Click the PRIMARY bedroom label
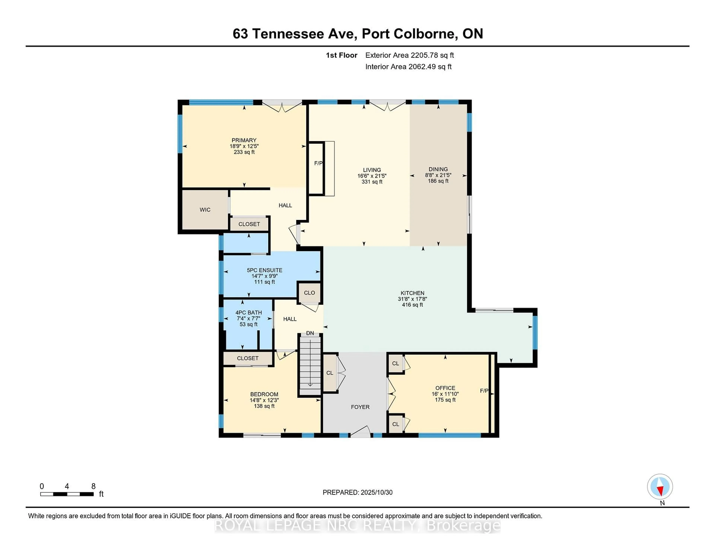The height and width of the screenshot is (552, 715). coord(244,140)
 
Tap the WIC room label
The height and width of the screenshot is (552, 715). coord(205,210)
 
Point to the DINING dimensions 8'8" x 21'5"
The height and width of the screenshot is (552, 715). coord(438,175)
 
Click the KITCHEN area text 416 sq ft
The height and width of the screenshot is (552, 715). coord(412,305)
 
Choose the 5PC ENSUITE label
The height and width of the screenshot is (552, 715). coord(265,270)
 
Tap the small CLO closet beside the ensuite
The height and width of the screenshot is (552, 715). coord(309,293)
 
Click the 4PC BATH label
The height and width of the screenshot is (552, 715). coord(249,313)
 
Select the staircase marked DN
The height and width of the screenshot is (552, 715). coord(310,365)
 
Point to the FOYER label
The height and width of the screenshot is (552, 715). coord(360,407)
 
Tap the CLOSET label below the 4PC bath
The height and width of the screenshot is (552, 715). coord(247,358)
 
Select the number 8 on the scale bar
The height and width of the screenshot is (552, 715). coord(93,486)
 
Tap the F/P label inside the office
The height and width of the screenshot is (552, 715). coord(484,391)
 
